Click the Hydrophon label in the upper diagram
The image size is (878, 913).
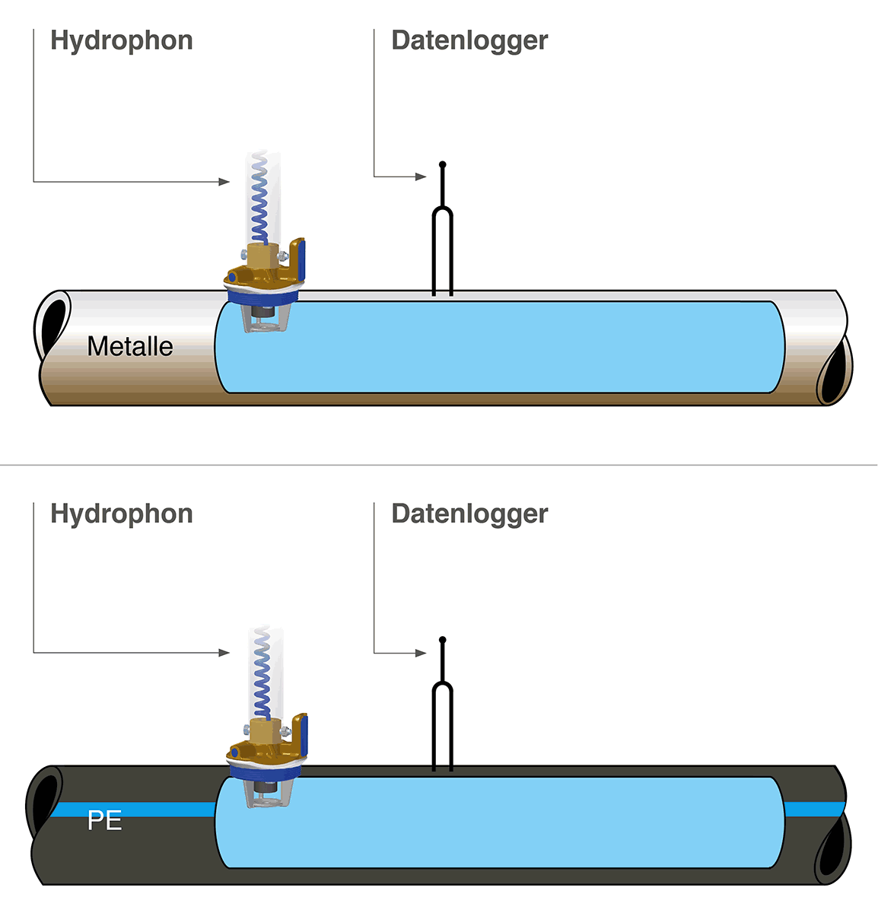pyautogui.click(x=122, y=41)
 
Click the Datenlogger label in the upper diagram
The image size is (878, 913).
pyautogui.click(x=469, y=41)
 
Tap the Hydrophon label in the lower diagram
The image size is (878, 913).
pyautogui.click(x=122, y=514)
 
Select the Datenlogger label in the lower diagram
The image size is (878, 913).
pyautogui.click(x=469, y=514)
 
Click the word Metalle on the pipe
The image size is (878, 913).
pyautogui.click(x=130, y=347)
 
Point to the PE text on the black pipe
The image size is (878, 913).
pyautogui.click(x=105, y=821)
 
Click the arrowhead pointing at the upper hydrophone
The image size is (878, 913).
pyautogui.click(x=224, y=182)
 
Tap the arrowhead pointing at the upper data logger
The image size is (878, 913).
pyautogui.click(x=422, y=177)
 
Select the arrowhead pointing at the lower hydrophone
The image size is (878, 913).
pyautogui.click(x=224, y=653)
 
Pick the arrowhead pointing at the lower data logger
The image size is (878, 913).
pyautogui.click(x=422, y=653)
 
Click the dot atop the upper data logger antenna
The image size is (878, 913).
pyautogui.click(x=443, y=164)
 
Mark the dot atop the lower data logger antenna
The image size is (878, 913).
pyautogui.click(x=443, y=640)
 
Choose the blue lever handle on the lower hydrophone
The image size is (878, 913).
pyautogui.click(x=302, y=735)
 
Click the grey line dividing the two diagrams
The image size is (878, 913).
pyautogui.click(x=439, y=465)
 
